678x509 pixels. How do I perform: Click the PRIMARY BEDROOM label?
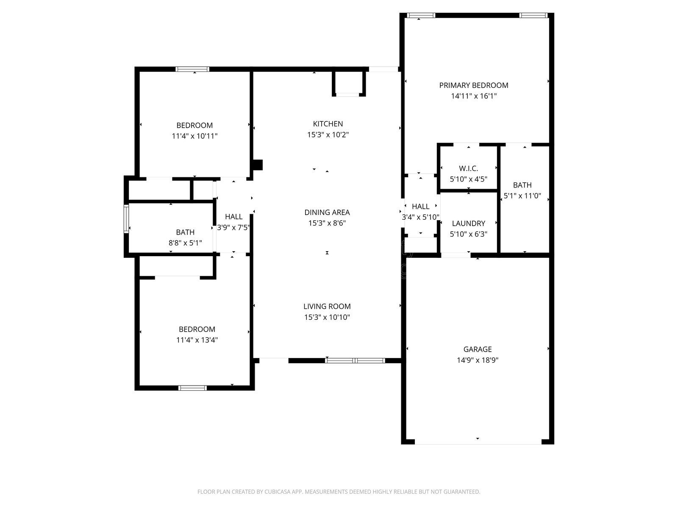473,85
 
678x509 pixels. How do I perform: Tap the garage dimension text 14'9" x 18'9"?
477,360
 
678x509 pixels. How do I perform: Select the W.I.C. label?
468,168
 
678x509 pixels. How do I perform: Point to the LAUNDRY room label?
468,223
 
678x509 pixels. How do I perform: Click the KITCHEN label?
328,124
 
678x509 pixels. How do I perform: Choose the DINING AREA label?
327,212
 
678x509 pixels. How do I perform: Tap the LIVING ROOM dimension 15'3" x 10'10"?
327,317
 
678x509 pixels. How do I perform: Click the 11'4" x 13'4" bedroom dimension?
197,340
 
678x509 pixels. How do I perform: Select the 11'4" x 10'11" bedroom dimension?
195,136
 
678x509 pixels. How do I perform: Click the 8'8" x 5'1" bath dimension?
185,243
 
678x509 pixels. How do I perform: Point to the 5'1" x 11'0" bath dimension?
522,196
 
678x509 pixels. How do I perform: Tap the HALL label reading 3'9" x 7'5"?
233,216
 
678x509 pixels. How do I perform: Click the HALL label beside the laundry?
420,207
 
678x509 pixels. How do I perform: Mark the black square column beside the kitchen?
257,165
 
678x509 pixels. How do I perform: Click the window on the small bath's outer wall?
126,218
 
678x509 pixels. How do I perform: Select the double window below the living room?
355,361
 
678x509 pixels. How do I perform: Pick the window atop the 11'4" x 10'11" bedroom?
192,69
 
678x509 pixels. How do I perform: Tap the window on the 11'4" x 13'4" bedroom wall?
192,388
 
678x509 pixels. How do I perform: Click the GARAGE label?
477,349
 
